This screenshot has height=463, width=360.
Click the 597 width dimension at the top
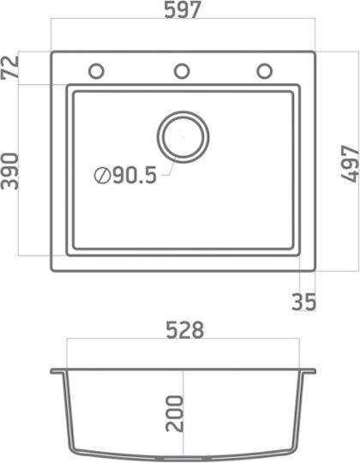pos(183,9)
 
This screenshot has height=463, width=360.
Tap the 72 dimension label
pos(9,68)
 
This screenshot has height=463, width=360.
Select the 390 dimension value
pos(10,171)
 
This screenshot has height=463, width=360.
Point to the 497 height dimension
pos(350,164)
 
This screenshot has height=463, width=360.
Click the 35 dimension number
pos(304,302)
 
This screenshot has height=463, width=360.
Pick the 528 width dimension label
pos(185,330)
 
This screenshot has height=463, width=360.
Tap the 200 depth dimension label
pos(174,413)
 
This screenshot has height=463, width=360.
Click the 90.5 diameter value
pos(135,176)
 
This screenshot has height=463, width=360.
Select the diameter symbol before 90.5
pos(102,176)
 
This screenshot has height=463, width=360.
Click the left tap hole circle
pos(97,71)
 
